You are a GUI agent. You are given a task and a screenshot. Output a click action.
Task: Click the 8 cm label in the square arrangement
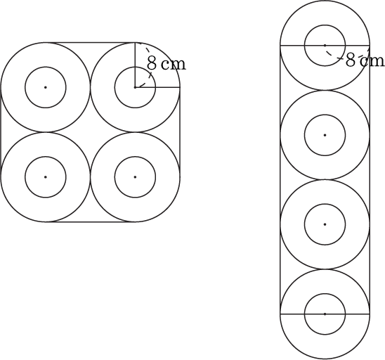point(167,64)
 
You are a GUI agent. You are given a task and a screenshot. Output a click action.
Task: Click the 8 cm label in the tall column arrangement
point(365,60)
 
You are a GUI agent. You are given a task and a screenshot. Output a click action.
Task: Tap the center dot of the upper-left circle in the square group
point(46,87)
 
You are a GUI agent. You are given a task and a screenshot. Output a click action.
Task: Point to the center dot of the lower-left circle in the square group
point(46,177)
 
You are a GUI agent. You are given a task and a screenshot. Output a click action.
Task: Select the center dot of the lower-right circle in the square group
point(135,177)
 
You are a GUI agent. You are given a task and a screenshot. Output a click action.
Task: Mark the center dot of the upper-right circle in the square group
point(135,87)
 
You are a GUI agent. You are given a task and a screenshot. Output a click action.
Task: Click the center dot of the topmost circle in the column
point(325,46)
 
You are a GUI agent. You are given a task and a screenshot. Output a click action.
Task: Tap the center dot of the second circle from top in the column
point(325,135)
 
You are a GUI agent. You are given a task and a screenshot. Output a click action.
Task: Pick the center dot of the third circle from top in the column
point(325,224)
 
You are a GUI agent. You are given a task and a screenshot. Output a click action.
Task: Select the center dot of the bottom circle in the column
point(325,314)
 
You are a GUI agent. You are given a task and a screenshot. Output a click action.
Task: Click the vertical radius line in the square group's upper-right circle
point(135,65)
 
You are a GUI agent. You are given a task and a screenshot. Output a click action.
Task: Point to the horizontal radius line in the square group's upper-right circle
point(157,87)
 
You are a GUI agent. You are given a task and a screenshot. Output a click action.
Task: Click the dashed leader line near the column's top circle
point(334,56)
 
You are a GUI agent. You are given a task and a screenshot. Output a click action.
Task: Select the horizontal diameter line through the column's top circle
point(325,46)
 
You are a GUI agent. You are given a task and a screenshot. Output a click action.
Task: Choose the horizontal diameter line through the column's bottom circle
point(325,314)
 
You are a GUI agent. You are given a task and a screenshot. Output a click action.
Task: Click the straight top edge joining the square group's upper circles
point(90,43)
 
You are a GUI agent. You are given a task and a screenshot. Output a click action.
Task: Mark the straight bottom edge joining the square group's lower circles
point(90,222)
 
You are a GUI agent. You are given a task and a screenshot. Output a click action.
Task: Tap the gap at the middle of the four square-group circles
point(90,132)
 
